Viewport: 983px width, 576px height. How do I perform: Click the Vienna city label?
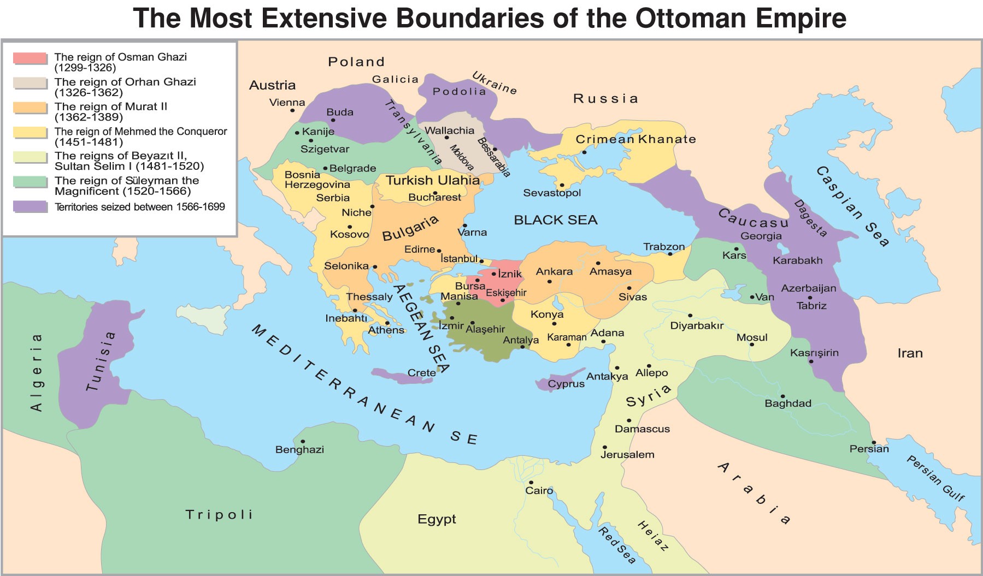coord(287,102)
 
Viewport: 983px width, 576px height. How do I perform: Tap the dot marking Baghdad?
coord(782,396)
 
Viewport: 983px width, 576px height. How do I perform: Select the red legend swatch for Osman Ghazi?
coord(30,58)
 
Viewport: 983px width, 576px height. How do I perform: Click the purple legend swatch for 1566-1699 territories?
coord(30,207)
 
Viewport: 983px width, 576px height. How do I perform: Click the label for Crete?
coord(421,373)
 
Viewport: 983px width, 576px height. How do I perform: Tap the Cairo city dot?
coord(531,483)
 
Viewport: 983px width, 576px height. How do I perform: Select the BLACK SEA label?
coord(555,220)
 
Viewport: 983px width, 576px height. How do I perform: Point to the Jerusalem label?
coord(627,454)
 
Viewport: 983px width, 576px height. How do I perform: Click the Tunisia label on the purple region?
coord(101,361)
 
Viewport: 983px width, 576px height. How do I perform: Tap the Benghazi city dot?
coord(302,442)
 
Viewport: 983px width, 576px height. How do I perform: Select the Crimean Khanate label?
coord(635,139)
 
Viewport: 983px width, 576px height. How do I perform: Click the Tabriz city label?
coord(811,306)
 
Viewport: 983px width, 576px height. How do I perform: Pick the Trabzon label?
coord(663,247)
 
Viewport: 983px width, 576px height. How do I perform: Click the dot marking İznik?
coord(494,274)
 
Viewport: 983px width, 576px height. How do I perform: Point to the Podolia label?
coord(459,92)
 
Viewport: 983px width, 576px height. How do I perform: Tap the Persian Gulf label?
coord(935,478)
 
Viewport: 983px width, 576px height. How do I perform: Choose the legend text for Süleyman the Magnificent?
coord(126,186)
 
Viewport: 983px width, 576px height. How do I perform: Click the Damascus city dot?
coord(629,420)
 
